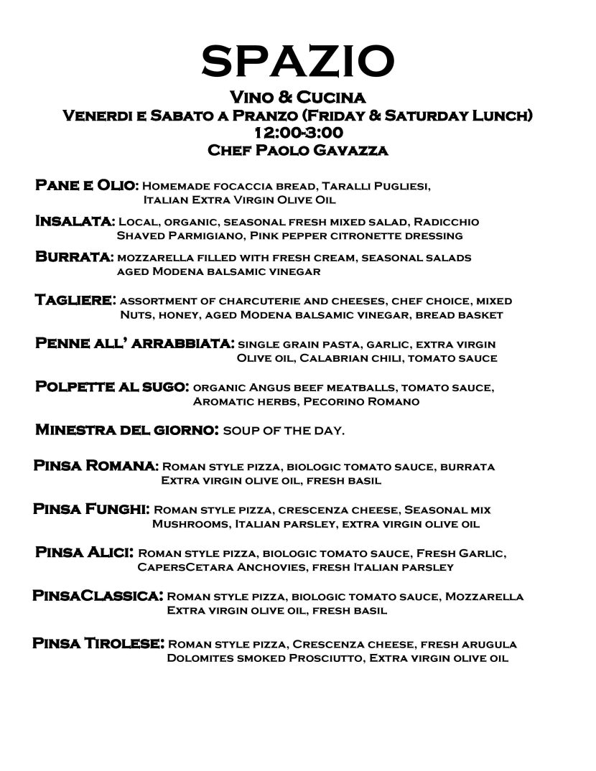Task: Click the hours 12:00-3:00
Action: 297,133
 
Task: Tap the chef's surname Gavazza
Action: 350,150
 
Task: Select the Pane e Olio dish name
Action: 87,185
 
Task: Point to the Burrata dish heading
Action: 74,257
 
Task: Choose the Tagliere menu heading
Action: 76,300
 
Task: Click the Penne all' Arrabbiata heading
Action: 134,343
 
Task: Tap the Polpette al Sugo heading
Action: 112,387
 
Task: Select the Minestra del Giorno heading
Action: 126,431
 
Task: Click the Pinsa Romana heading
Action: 96,466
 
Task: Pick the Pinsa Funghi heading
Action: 91,509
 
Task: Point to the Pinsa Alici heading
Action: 84,552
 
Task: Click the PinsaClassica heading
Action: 98,596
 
